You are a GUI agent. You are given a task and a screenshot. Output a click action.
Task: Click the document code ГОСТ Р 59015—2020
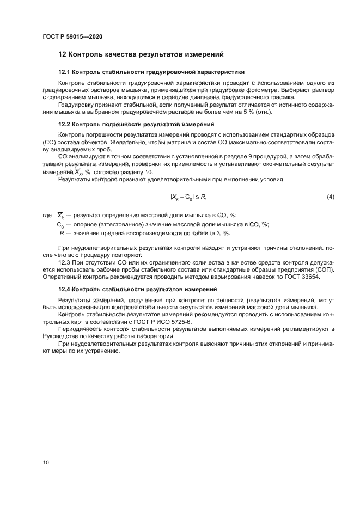coord(72,36)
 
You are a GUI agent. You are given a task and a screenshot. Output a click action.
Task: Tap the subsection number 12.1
coord(64,72)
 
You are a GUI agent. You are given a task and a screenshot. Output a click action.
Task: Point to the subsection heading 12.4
coord(137,289)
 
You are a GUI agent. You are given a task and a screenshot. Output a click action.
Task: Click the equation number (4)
coord(330,197)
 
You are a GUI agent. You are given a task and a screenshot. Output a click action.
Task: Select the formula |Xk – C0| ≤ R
coord(188,197)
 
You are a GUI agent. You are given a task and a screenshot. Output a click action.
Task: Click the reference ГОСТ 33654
coord(302,277)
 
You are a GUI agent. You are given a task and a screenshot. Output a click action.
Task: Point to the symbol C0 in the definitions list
coord(60,225)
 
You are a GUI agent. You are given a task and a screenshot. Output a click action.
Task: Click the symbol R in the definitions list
coord(62,234)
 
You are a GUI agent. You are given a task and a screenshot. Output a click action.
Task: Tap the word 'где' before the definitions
coord(47,216)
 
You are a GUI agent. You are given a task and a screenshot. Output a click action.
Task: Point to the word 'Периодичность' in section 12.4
coord(80,330)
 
